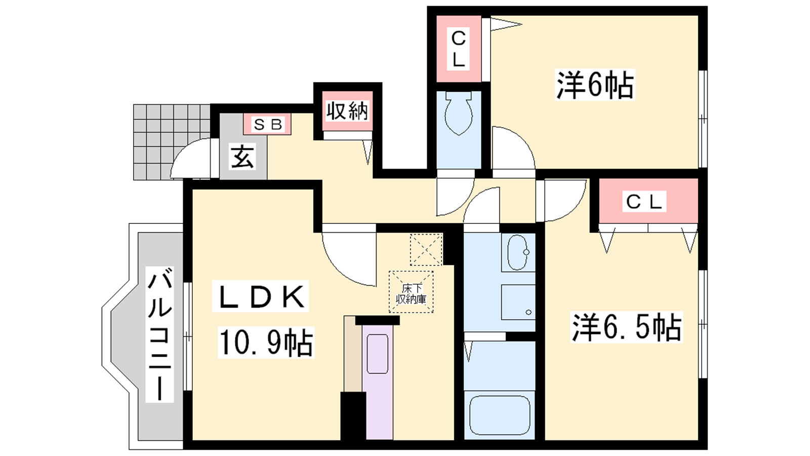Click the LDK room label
(260, 296)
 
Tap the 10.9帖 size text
(266, 343)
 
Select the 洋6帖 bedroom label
(595, 85)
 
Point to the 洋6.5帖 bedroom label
(626, 327)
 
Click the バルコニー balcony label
(159, 334)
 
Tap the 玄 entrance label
(242, 157)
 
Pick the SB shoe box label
(268, 125)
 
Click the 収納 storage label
(347, 111)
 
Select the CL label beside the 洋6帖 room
(459, 49)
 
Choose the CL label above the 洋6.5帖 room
(644, 202)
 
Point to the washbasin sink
(518, 252)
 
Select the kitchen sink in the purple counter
(378, 354)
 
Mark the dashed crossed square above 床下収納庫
(426, 250)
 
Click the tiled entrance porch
(172, 142)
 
